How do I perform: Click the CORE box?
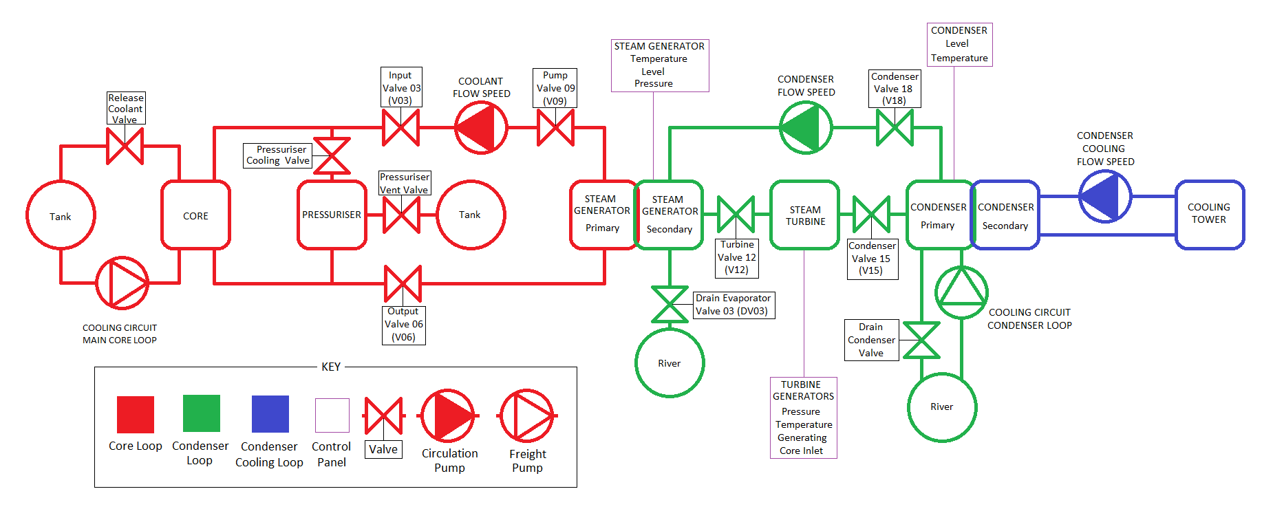195,215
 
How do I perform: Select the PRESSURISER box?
332,215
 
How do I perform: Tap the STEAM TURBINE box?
805,215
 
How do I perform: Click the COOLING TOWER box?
1209,214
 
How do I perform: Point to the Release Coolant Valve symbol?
125,146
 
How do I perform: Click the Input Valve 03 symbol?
400,128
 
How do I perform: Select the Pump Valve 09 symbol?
555,128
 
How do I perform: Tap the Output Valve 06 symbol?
403,283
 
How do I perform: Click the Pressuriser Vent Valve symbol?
401,215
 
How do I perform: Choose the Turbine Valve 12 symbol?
736,215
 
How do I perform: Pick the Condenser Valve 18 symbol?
895,128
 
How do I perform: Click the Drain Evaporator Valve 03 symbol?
670,305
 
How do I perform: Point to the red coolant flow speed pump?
481,128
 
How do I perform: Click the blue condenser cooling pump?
1104,197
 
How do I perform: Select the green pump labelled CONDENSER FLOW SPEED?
805,128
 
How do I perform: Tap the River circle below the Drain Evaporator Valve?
670,363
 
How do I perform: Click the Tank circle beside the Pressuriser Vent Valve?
471,215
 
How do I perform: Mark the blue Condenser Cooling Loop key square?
270,414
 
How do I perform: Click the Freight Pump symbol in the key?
527,415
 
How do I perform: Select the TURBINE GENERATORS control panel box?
803,418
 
